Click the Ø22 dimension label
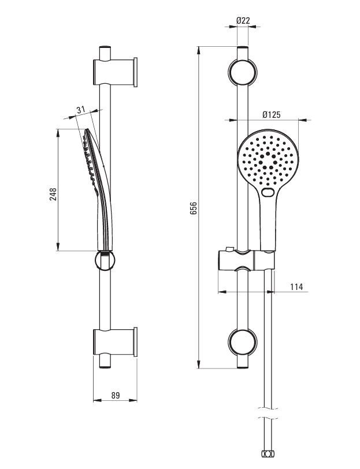243,20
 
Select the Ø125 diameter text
272,114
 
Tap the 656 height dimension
194,208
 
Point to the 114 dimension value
296,287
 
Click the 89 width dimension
116,396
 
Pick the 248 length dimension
53,195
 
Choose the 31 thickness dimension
81,110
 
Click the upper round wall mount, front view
242,73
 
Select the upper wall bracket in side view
115,72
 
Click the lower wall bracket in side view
115,342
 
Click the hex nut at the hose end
268,462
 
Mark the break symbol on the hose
268,413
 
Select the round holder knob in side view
105,260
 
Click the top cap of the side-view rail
105,47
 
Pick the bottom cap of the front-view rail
242,366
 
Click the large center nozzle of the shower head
268,154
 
